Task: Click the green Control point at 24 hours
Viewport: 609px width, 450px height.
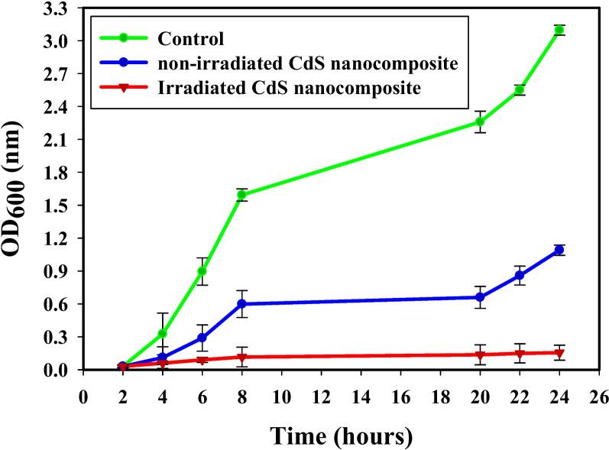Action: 559,30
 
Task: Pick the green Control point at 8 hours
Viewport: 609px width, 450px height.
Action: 241,195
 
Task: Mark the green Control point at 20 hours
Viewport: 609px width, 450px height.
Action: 480,121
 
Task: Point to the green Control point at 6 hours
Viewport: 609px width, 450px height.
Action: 202,271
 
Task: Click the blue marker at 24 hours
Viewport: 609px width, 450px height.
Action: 559,250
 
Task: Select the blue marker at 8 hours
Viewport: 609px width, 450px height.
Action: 241,304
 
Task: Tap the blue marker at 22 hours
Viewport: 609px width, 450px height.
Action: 520,275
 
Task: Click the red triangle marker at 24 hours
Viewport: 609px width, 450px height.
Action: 559,353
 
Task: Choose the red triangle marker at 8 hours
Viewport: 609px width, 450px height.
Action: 241,357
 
